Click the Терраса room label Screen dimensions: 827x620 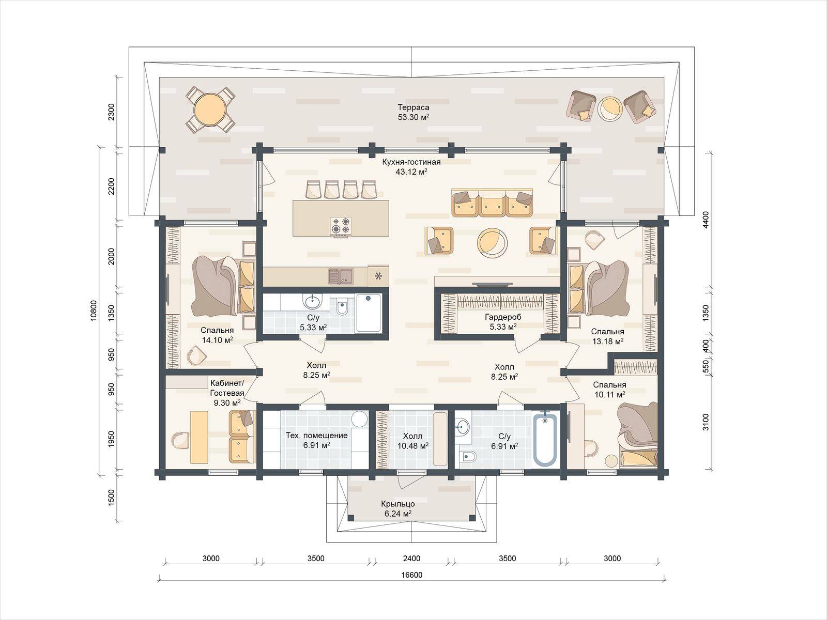413,107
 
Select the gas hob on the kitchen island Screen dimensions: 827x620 341,227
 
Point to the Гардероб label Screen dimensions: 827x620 502,317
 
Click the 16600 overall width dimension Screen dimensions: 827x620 411,575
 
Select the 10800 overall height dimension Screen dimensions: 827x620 94,310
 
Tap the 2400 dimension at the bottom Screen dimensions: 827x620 411,559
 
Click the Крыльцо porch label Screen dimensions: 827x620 398,504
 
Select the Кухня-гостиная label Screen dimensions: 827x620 411,162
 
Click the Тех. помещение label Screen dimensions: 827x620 316,436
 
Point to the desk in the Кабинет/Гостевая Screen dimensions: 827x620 200,437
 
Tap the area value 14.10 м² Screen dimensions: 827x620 217,340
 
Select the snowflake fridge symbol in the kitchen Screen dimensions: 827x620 378,276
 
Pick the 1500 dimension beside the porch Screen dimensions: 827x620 112,497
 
